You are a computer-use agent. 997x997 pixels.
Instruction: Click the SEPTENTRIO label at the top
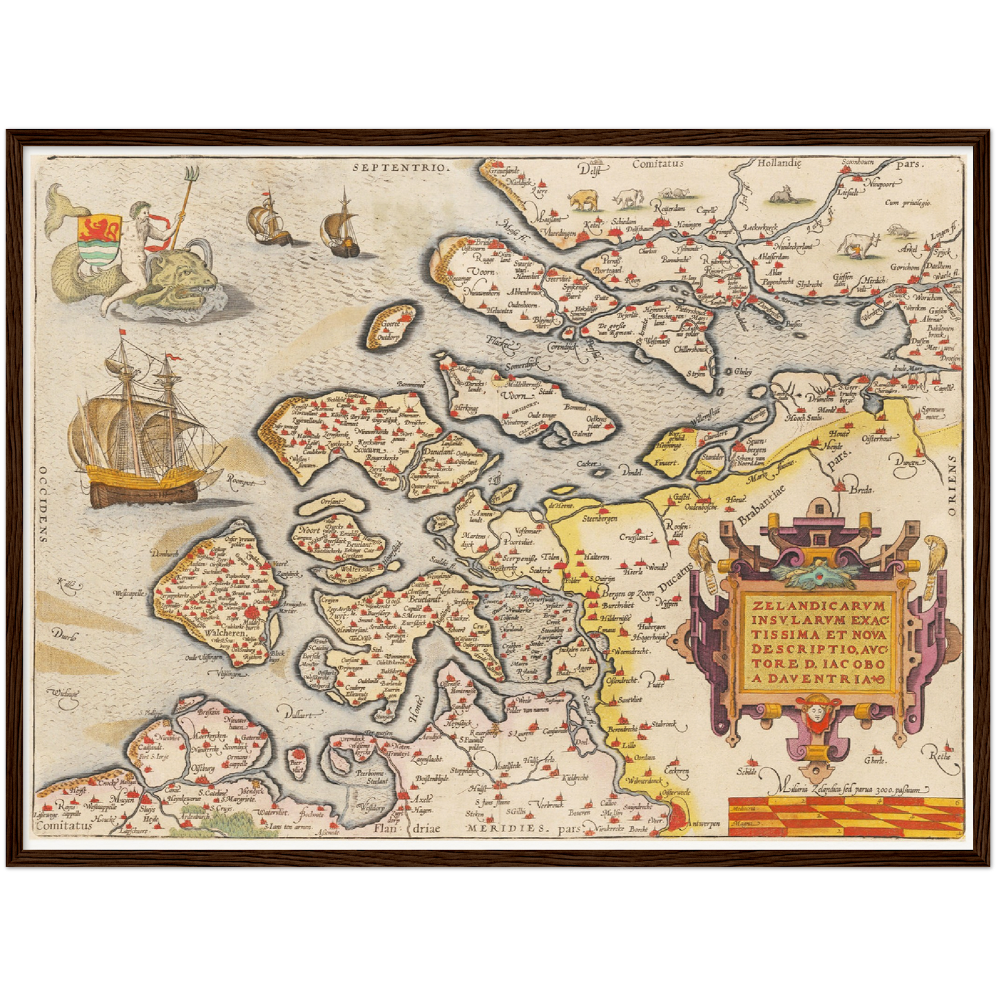[400, 166]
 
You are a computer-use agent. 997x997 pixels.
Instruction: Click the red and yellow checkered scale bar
[845, 814]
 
